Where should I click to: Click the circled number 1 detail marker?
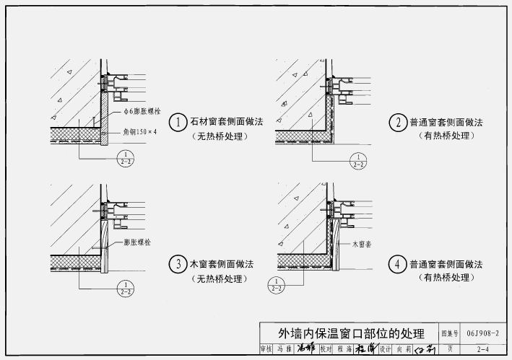click(x=178, y=122)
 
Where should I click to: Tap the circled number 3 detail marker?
click(x=178, y=264)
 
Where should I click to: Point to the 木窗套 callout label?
click(x=363, y=245)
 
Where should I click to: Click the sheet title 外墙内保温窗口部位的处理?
click(x=352, y=333)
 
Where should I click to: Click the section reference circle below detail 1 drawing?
click(x=126, y=159)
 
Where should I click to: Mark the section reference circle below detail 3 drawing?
click(x=126, y=288)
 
